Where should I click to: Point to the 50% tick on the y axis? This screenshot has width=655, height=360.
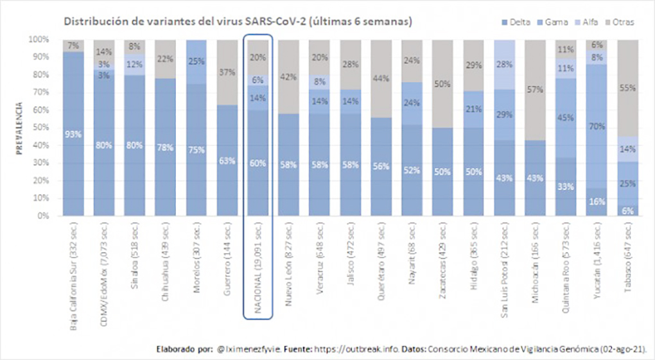41,128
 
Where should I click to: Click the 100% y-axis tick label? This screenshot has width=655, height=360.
39,39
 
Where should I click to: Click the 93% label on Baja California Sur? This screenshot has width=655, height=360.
73,135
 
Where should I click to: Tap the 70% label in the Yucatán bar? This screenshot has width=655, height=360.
597,126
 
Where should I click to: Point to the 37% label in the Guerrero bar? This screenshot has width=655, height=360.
227,71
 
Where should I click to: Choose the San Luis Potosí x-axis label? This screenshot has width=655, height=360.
505,269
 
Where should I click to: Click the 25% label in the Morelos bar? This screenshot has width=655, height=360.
197,62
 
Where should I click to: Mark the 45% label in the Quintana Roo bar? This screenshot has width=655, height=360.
566,117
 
